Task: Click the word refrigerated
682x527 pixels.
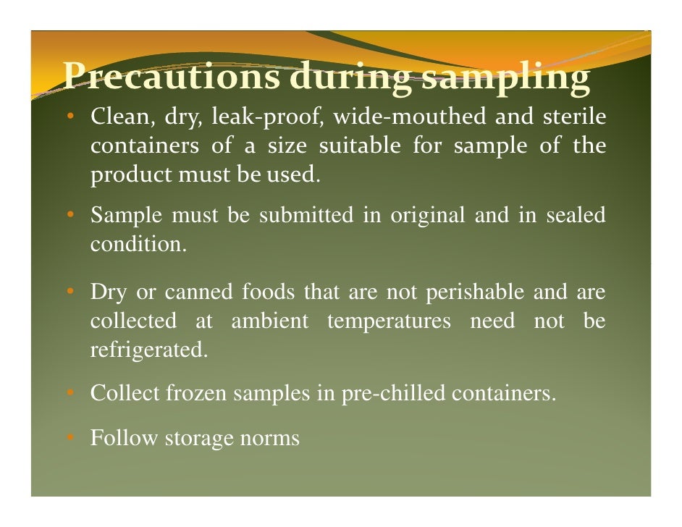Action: [x=148, y=351]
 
